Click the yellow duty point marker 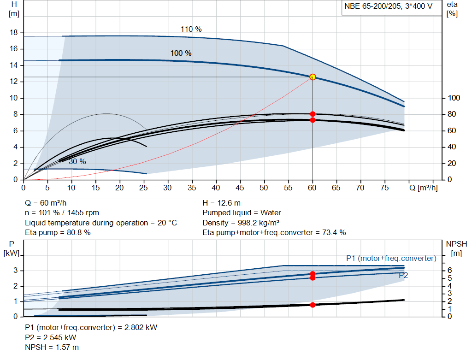313,77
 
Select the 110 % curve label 191,29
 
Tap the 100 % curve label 181,53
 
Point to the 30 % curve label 77,162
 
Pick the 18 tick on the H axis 14,33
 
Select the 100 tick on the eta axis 454,98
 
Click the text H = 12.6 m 221,203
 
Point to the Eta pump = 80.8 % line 58,232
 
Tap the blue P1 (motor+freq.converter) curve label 391,258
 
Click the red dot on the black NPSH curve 313,305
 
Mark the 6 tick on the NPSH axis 450,271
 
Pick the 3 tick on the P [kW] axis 16,271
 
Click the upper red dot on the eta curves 313,114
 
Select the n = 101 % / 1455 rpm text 62,213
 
